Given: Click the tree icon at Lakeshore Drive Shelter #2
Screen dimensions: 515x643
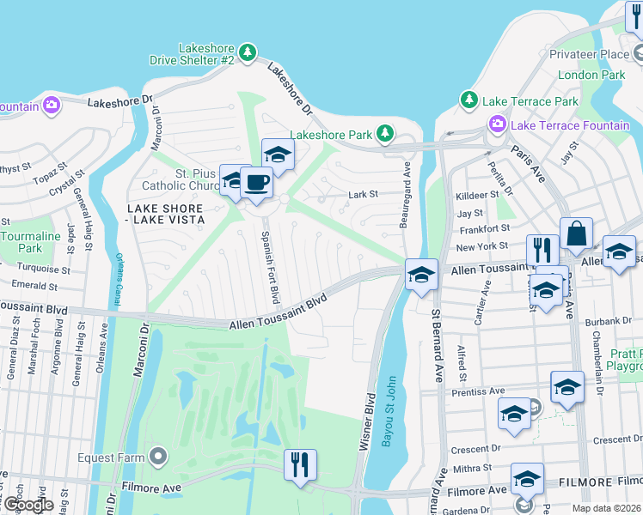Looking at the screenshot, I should click(x=248, y=53).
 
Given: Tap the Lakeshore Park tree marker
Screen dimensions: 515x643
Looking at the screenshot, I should click(x=386, y=133).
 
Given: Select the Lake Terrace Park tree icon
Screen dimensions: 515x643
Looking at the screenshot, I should click(x=469, y=100).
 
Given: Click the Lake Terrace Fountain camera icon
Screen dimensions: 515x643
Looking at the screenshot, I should click(x=497, y=125).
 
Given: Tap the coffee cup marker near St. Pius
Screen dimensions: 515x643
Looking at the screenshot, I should click(x=255, y=182).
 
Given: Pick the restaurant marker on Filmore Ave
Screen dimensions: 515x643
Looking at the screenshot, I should click(x=300, y=465).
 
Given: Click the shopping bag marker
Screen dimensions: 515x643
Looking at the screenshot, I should click(x=575, y=233).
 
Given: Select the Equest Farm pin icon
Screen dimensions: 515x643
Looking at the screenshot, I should click(x=157, y=456).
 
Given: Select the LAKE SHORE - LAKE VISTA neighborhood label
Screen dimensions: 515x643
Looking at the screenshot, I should click(x=165, y=214).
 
